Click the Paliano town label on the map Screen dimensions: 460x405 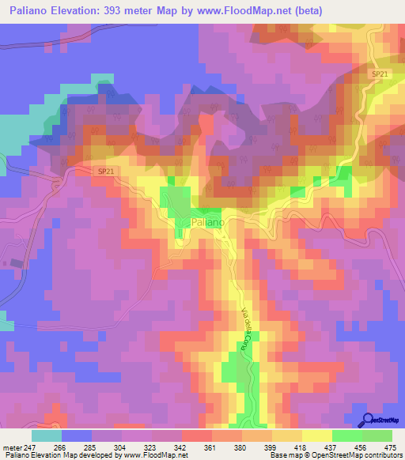[208, 223]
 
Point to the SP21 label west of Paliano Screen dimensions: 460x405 [107, 170]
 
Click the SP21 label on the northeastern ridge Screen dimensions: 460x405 [380, 74]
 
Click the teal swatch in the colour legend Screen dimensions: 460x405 [47, 435]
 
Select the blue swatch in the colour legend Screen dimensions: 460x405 [77, 435]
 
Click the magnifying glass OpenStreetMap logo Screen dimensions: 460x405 [369, 420]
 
